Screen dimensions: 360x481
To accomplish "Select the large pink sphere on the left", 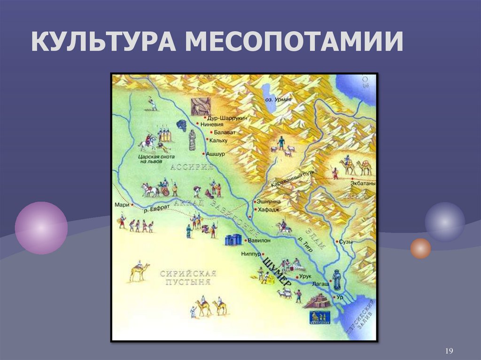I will click(41, 228).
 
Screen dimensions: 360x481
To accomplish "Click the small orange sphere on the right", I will click(420, 248).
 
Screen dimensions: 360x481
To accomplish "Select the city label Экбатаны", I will click(362, 184).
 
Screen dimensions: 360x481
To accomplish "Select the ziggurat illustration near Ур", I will click(318, 300).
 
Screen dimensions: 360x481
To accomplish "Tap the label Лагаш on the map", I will click(318, 284).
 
